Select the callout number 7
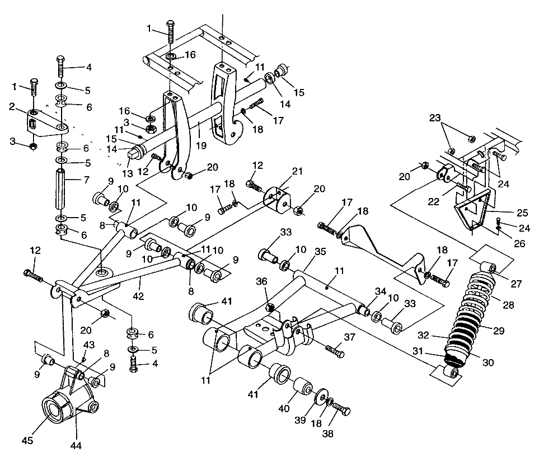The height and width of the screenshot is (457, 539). [86, 180]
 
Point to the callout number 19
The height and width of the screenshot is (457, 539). [201, 145]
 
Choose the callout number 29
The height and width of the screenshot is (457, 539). [498, 331]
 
